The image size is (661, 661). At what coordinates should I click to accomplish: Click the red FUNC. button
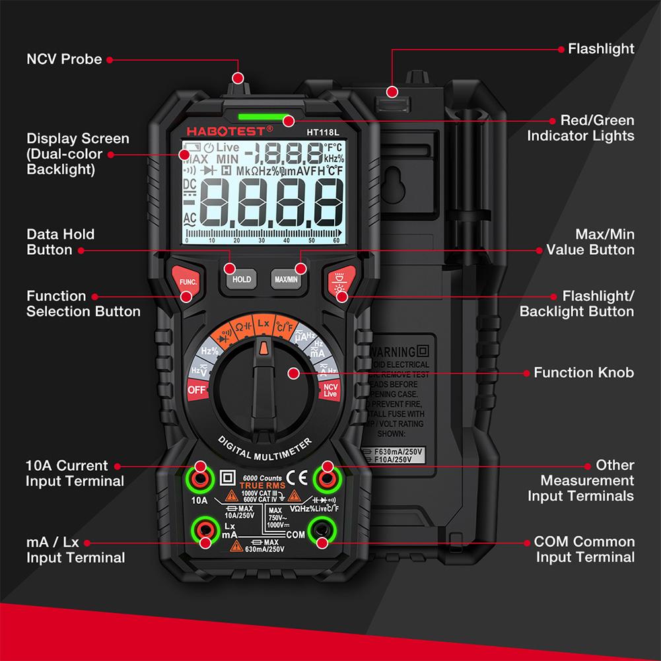185,282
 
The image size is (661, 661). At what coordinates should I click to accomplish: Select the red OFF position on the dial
197,390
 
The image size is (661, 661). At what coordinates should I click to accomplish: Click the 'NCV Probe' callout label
64,59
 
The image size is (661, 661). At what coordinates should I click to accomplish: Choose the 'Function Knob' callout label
584,372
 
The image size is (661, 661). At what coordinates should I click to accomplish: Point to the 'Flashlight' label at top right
601,49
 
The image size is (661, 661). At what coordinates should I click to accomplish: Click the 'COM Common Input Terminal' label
584,549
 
